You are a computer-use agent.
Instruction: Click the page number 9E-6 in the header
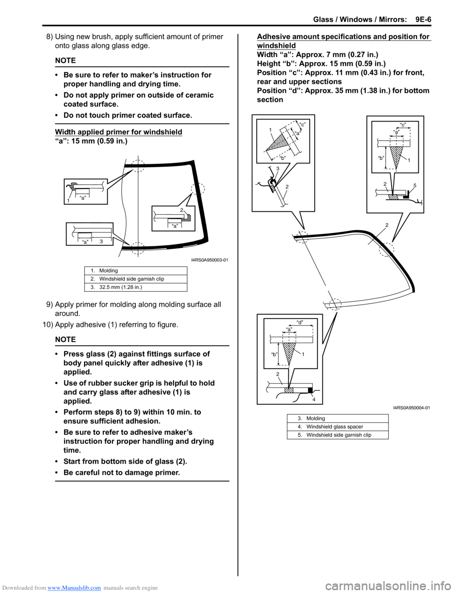tap(423, 20)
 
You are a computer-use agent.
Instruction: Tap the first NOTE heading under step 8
tap(65, 60)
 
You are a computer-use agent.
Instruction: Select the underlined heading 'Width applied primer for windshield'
tap(119, 132)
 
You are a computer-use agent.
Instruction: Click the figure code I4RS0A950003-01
tap(209, 260)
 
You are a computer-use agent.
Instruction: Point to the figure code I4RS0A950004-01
tap(411, 407)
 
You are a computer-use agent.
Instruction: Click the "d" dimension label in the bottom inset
tap(300, 322)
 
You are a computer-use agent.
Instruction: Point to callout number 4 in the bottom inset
tap(314, 399)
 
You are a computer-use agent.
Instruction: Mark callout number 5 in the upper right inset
tap(415, 186)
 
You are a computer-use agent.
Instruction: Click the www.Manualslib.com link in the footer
tap(74, 588)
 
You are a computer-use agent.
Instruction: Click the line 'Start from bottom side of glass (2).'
tap(125, 462)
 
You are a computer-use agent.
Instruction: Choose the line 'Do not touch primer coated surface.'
tap(127, 115)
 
